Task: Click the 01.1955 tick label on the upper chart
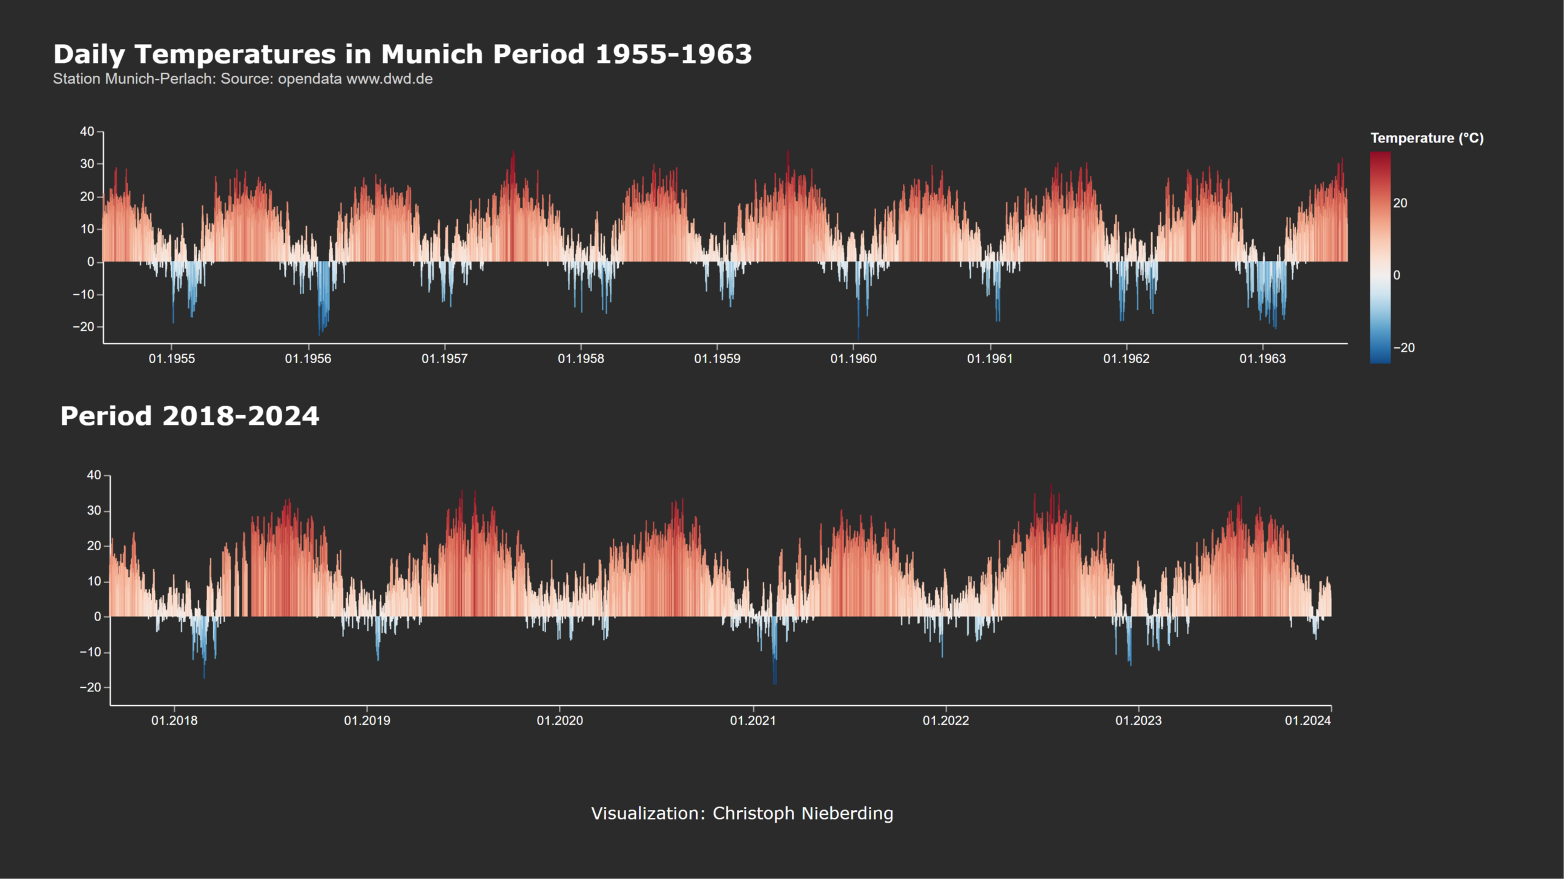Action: (x=172, y=359)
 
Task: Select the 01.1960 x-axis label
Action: (x=853, y=359)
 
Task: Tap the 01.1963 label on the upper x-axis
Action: (x=1262, y=359)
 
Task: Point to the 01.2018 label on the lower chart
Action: (x=174, y=721)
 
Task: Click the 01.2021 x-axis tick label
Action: (x=753, y=721)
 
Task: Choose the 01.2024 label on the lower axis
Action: (x=1307, y=721)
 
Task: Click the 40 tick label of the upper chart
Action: (x=87, y=131)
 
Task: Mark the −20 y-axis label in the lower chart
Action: (x=90, y=688)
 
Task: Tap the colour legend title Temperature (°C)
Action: (x=1427, y=138)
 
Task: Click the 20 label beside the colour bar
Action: (x=1400, y=203)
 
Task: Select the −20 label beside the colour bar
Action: (x=1403, y=348)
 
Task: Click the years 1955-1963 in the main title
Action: (x=673, y=54)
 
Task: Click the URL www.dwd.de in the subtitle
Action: (x=389, y=79)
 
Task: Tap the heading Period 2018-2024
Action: (x=189, y=416)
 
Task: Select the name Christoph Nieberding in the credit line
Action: (x=803, y=814)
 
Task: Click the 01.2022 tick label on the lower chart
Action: (x=945, y=721)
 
